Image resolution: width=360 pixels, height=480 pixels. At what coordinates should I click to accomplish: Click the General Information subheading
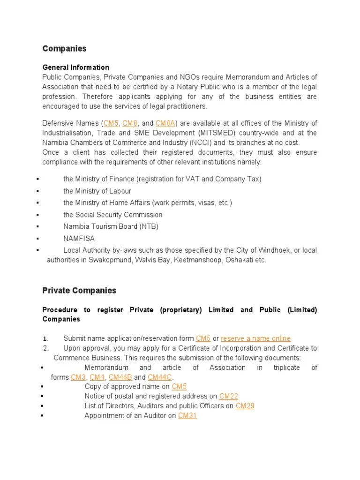click(x=75, y=67)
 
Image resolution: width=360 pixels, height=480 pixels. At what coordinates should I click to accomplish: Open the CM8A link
click(x=165, y=123)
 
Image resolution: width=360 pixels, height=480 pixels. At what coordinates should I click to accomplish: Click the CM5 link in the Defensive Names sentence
click(x=111, y=123)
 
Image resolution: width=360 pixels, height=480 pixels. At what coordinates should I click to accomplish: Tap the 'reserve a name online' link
click(x=255, y=338)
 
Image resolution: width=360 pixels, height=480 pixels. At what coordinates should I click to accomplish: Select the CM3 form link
click(x=78, y=377)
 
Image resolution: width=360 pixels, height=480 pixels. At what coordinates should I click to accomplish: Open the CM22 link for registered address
click(x=229, y=397)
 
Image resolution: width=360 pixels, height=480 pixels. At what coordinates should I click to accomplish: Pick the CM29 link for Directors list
click(x=245, y=406)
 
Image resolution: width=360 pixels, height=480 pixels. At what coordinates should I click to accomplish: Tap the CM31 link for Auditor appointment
click(x=187, y=416)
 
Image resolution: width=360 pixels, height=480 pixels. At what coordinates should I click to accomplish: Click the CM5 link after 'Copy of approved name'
click(x=179, y=387)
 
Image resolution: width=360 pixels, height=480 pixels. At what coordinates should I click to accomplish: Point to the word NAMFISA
click(x=79, y=239)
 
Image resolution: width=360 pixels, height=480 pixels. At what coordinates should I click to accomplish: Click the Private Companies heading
click(x=79, y=291)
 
